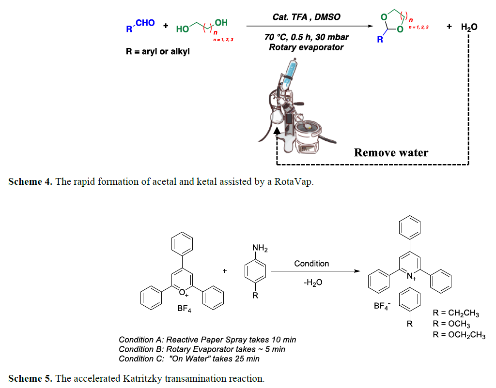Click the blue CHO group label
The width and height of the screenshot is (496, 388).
[x=145, y=23]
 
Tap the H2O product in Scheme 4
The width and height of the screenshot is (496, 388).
[x=468, y=27]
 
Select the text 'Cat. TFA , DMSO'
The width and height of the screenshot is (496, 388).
[x=307, y=17]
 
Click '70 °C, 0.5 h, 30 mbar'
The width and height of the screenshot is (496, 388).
[x=307, y=37]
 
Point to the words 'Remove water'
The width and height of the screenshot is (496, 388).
[x=391, y=153]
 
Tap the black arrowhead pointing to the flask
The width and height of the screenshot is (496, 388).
[x=277, y=130]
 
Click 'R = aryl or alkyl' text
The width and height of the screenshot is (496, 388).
[x=158, y=51]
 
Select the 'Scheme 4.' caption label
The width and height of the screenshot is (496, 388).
[x=30, y=182]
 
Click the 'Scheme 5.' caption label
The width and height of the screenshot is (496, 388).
[x=30, y=378]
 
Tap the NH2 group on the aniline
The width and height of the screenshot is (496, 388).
[x=260, y=249]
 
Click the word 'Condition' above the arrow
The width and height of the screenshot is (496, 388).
[x=311, y=264]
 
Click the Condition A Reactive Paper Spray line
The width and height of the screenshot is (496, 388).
[x=207, y=340]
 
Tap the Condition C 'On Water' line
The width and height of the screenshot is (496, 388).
[x=189, y=358]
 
